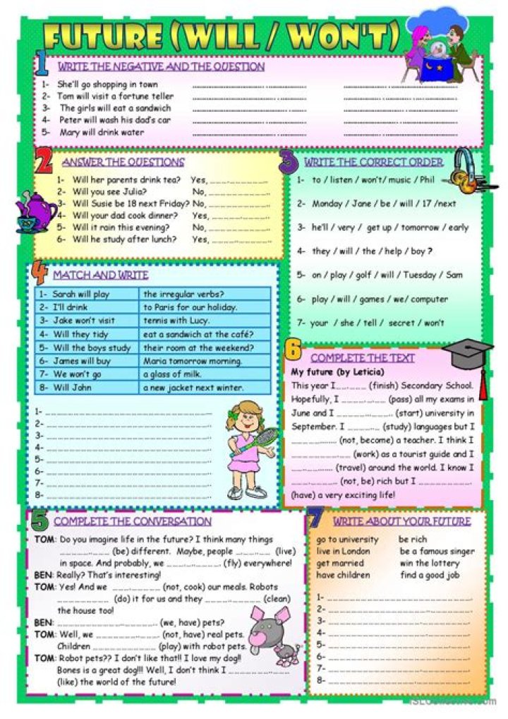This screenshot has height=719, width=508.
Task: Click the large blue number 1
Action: [42, 66]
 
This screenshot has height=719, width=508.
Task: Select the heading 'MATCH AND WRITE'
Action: [100, 275]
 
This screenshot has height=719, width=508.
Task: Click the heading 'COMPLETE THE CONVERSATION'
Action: [132, 521]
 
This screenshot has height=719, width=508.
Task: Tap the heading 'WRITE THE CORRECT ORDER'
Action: [373, 162]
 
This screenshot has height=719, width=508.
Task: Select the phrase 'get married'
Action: [340, 563]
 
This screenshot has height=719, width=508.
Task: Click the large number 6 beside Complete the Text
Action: [294, 350]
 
